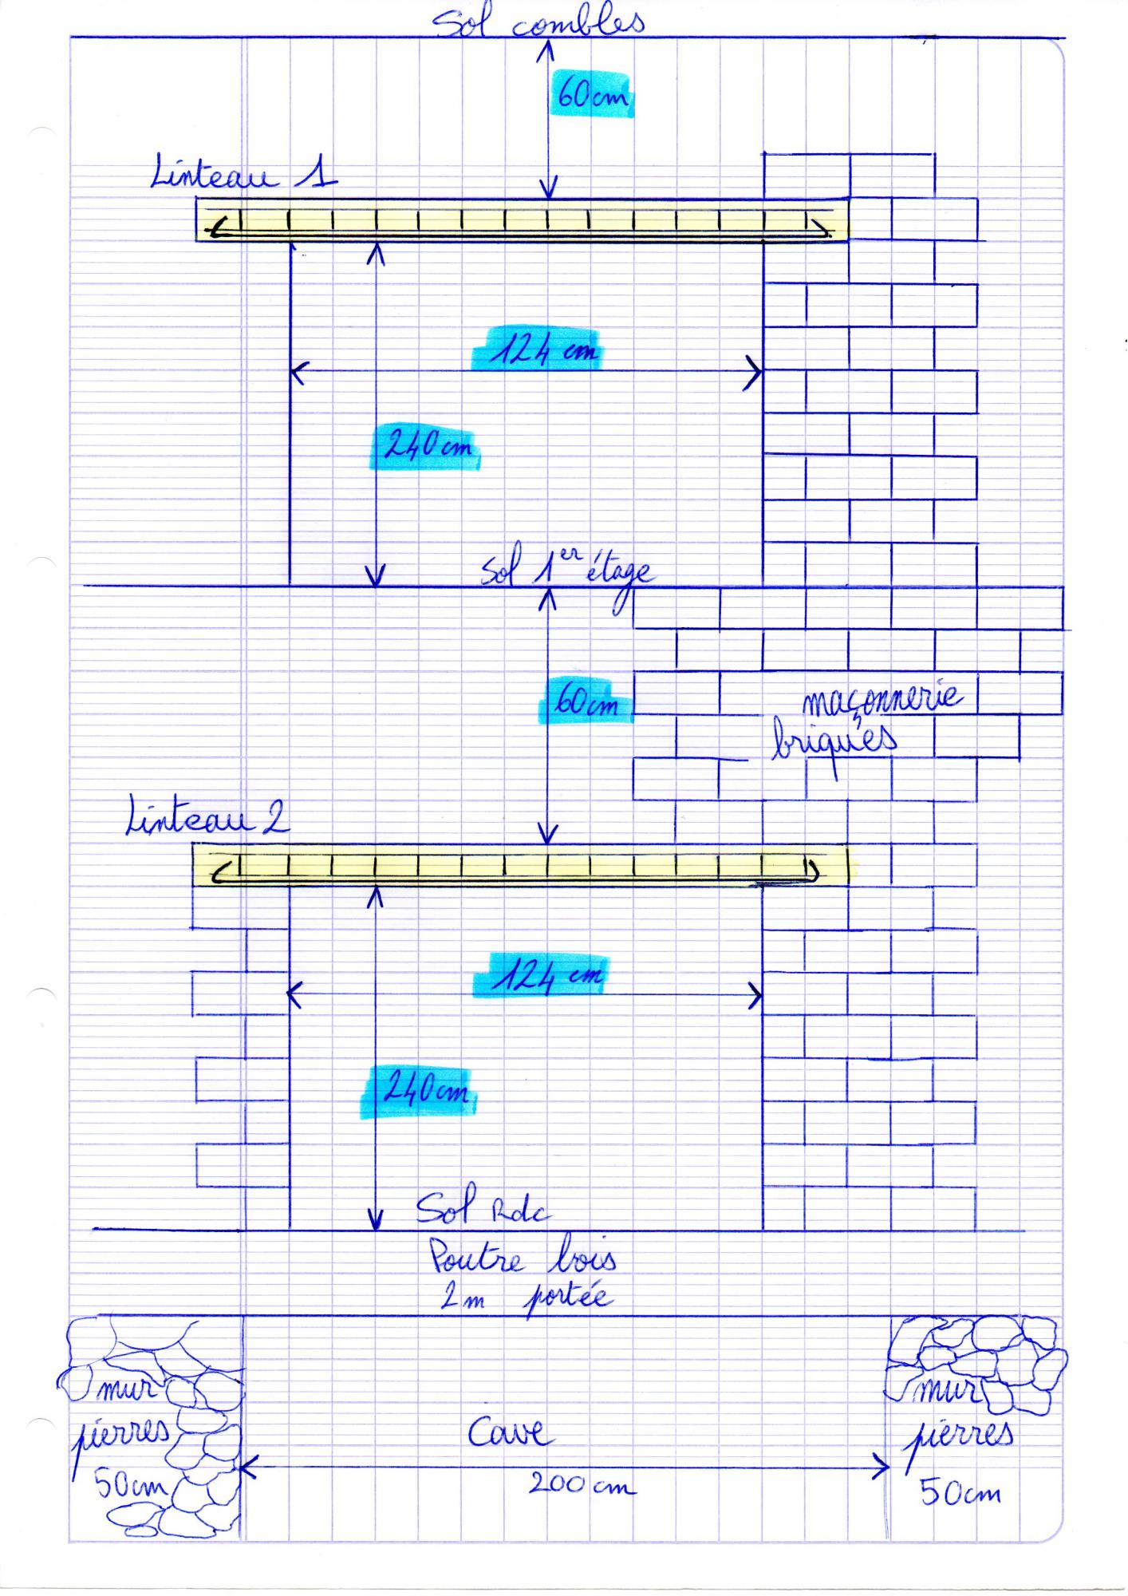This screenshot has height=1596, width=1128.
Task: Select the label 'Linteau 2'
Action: click(x=208, y=818)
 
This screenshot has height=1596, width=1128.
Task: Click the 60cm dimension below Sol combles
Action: click(x=591, y=97)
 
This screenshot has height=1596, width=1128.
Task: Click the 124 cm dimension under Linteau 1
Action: click(x=542, y=350)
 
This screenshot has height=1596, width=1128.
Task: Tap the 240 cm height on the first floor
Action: click(x=428, y=445)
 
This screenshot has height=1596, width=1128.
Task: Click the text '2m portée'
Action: click(x=527, y=1298)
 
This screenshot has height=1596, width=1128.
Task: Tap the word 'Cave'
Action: click(x=510, y=1432)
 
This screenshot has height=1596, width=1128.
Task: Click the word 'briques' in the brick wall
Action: click(x=834, y=741)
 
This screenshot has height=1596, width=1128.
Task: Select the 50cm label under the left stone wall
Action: click(x=132, y=1486)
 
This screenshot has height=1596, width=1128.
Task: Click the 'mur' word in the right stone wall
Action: click(x=946, y=1393)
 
